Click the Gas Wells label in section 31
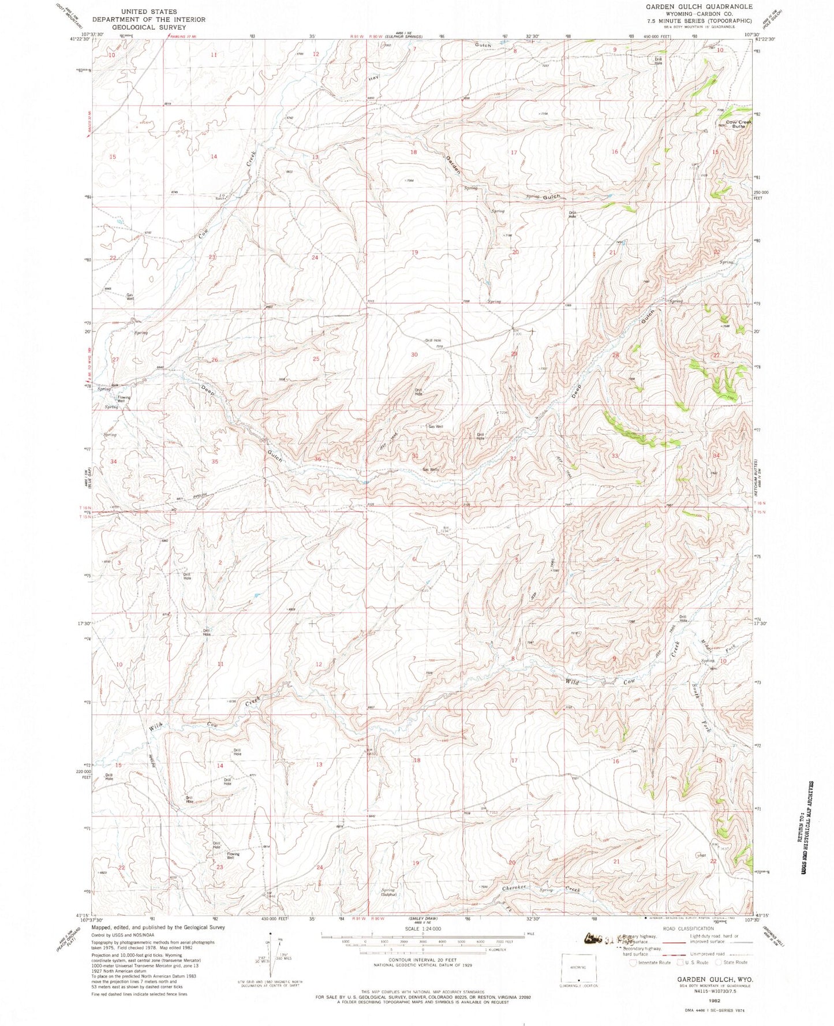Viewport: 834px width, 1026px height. coord(431,469)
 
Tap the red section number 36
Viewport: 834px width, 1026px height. coord(317,458)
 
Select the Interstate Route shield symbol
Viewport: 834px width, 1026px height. coord(633,962)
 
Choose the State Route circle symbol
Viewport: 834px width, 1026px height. coord(719,962)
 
